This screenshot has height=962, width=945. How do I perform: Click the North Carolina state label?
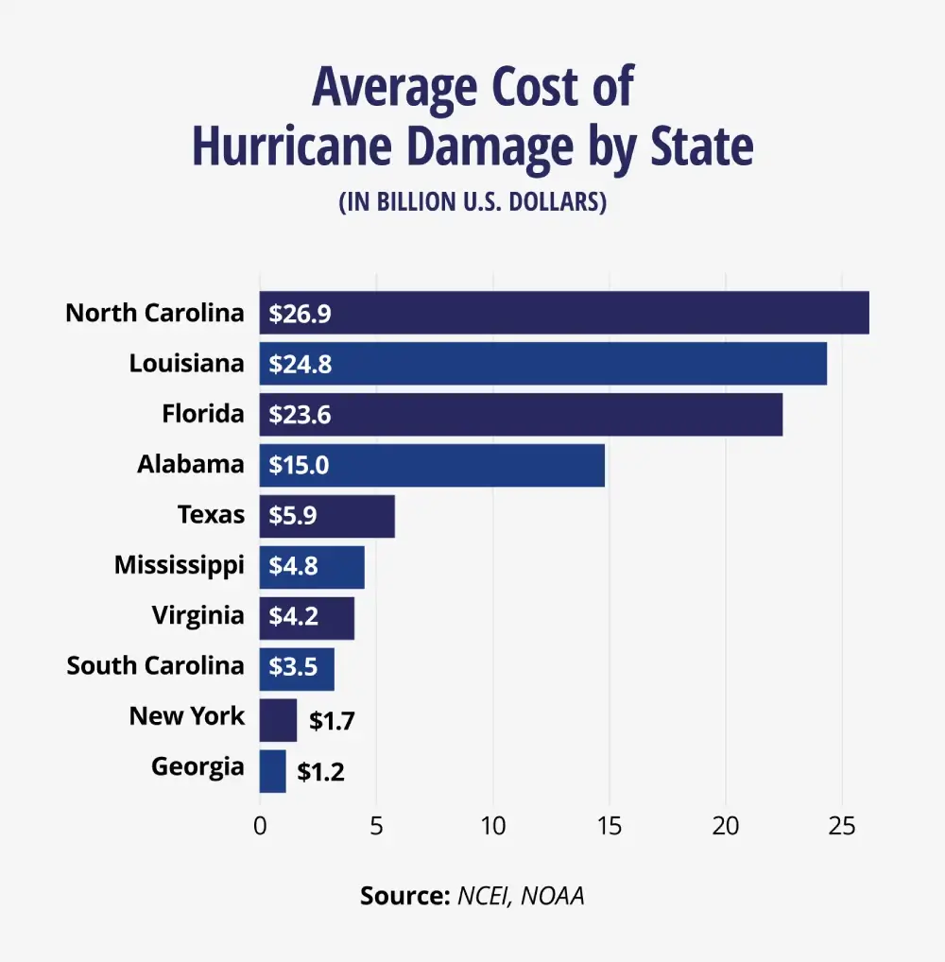click(x=155, y=313)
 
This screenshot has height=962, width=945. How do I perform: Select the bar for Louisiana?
click(x=542, y=364)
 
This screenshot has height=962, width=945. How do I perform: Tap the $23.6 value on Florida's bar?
click(x=300, y=415)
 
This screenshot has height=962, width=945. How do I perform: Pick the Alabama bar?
click(x=432, y=465)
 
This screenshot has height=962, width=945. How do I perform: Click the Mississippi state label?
click(x=179, y=565)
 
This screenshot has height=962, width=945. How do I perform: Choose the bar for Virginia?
click(x=307, y=616)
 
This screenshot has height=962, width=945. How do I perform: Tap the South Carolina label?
click(x=155, y=665)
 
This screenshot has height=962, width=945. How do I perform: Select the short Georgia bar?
click(x=272, y=771)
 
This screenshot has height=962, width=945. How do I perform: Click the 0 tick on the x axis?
click(x=260, y=825)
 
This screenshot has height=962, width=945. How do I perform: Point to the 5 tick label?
click(x=376, y=825)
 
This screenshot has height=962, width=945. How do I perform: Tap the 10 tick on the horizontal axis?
click(x=492, y=825)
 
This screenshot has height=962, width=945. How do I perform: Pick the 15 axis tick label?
click(x=610, y=825)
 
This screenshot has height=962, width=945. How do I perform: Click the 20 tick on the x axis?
click(x=726, y=825)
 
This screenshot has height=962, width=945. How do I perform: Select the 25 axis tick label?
click(x=842, y=825)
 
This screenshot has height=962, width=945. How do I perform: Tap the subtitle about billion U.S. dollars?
click(x=472, y=202)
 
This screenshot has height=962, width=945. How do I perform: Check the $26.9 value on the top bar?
click(x=300, y=314)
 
